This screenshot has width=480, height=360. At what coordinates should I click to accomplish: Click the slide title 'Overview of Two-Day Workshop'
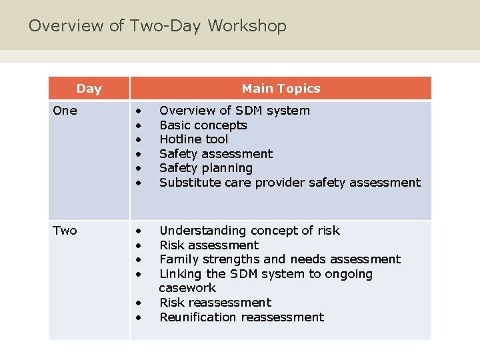(157, 26)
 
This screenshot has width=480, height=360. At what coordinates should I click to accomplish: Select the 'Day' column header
(89, 89)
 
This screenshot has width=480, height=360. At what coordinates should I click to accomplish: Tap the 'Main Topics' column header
(281, 89)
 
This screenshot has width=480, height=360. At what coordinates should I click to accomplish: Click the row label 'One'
(65, 111)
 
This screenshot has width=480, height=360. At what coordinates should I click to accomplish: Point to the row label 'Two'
(65, 231)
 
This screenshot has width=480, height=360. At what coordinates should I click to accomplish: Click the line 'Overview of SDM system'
(234, 111)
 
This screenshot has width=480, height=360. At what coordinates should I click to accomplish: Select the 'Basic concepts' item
(203, 125)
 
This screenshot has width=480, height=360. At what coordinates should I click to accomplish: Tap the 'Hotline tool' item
(193, 139)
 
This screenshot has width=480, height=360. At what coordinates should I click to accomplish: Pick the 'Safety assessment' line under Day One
(215, 154)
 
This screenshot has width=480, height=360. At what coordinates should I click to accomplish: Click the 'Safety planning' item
(206, 168)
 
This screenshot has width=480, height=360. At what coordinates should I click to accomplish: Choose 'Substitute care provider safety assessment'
(290, 183)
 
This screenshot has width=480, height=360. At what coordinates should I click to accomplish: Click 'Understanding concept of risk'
(249, 231)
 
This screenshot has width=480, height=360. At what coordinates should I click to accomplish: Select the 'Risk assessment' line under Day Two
(209, 245)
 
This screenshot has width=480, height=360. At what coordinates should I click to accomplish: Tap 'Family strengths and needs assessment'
(280, 259)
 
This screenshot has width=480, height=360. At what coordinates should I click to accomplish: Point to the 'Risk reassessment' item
(215, 303)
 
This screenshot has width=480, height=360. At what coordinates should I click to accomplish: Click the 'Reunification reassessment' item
(241, 317)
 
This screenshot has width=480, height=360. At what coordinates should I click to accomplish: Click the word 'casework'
(187, 288)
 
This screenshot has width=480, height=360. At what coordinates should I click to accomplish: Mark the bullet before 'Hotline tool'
(139, 139)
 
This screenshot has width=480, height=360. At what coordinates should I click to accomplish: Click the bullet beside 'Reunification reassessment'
(139, 317)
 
